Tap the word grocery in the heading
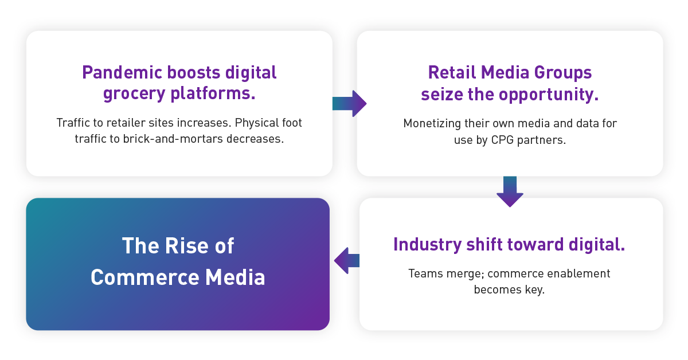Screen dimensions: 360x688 tap(129, 93)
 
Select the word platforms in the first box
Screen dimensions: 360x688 tap(206, 93)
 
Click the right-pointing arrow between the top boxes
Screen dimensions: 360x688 tap(349, 104)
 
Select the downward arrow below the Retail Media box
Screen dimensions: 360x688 tap(510, 191)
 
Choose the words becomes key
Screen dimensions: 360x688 tap(509, 289)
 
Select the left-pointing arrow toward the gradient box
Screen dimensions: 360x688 tap(347, 261)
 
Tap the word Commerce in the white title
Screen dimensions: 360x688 tap(136, 277)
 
